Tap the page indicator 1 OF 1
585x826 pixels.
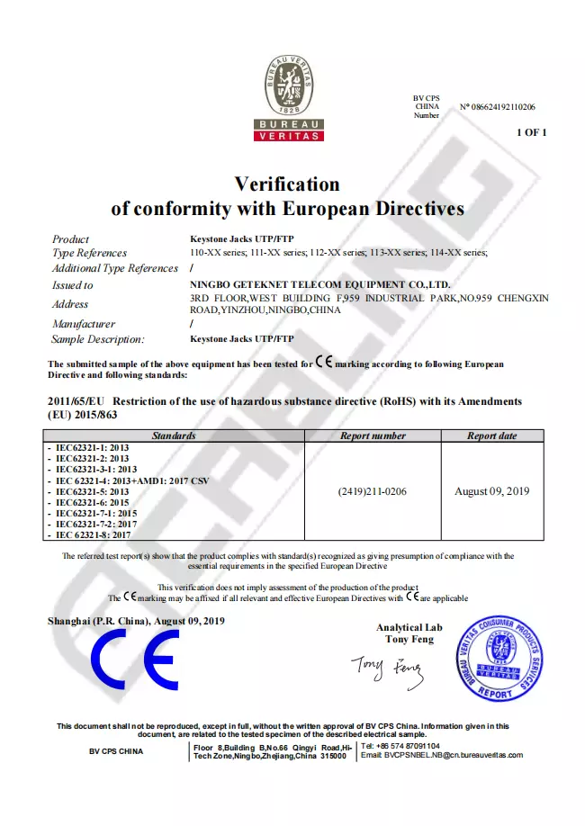(531, 132)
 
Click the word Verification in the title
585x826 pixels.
(287, 184)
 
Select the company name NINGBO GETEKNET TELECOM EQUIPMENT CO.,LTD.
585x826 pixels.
(314, 284)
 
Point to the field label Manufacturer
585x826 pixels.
(84, 323)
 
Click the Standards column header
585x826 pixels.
(174, 435)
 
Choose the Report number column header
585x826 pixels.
(373, 435)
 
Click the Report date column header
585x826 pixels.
(492, 435)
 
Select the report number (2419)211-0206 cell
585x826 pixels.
(373, 491)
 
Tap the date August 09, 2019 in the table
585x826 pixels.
(492, 491)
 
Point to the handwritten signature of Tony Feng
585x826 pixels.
(386, 667)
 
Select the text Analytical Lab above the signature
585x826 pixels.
(409, 627)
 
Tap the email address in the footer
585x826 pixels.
(441, 755)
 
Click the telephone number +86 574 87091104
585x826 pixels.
(405, 746)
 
